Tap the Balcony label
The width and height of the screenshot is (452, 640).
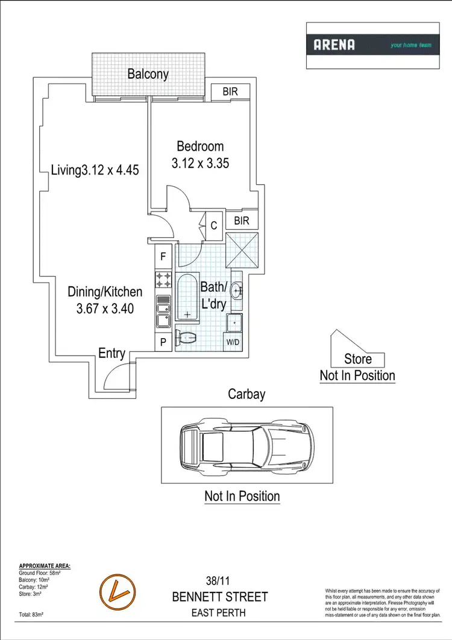point(148,75)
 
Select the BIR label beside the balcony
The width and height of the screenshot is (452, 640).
point(230,92)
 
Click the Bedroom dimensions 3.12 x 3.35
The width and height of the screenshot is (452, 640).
point(200,163)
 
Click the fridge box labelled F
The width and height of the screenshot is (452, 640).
point(163,257)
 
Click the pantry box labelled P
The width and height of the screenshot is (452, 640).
point(163,342)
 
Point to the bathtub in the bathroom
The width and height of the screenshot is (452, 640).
point(189,298)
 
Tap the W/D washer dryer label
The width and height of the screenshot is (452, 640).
point(233,343)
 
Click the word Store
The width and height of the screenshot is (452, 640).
point(358,360)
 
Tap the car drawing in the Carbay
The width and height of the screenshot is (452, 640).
point(246,444)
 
